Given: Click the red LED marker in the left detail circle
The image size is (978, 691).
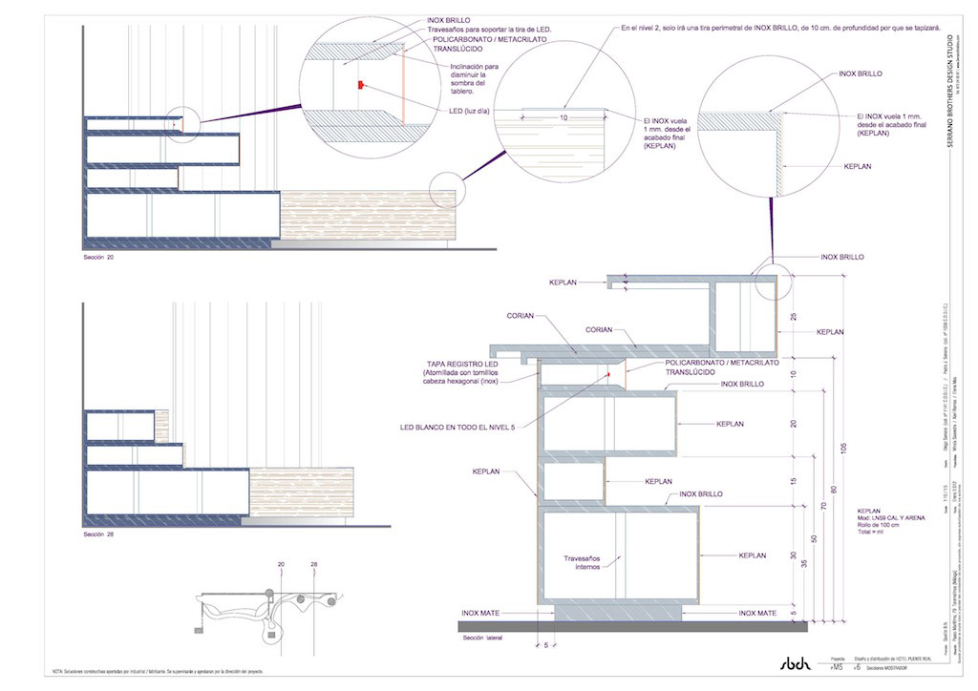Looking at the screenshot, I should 360,85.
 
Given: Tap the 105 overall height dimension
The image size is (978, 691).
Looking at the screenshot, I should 842,449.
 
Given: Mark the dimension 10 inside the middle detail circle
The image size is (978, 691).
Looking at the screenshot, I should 563,116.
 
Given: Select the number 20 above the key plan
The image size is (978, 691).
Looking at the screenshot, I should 282,565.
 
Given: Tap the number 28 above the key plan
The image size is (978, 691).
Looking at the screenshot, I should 313,565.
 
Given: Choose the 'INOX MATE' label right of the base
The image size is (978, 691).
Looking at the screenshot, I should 759,613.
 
